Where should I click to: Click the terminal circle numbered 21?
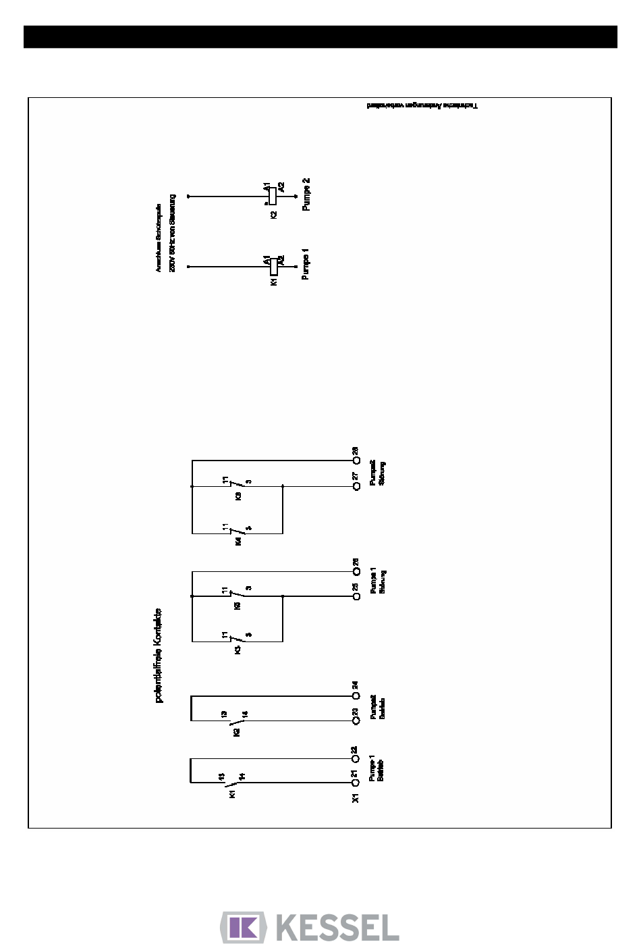click(356, 783)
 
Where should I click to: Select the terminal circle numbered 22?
click(356, 758)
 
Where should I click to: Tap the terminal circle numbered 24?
click(356, 696)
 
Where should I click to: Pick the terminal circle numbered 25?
click(356, 597)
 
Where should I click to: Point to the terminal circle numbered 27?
click(356, 486)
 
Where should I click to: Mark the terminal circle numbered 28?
click(356, 461)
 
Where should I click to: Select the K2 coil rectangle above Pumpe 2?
click(273, 196)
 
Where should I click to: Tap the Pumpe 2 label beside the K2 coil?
click(306, 194)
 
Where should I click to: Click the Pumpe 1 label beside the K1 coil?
click(306, 265)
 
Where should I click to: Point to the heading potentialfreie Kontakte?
click(159, 655)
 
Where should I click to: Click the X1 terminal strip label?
click(356, 797)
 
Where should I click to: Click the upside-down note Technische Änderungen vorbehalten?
click(422, 107)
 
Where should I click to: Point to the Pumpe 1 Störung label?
click(378, 583)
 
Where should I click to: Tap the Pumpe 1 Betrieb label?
click(376, 769)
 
